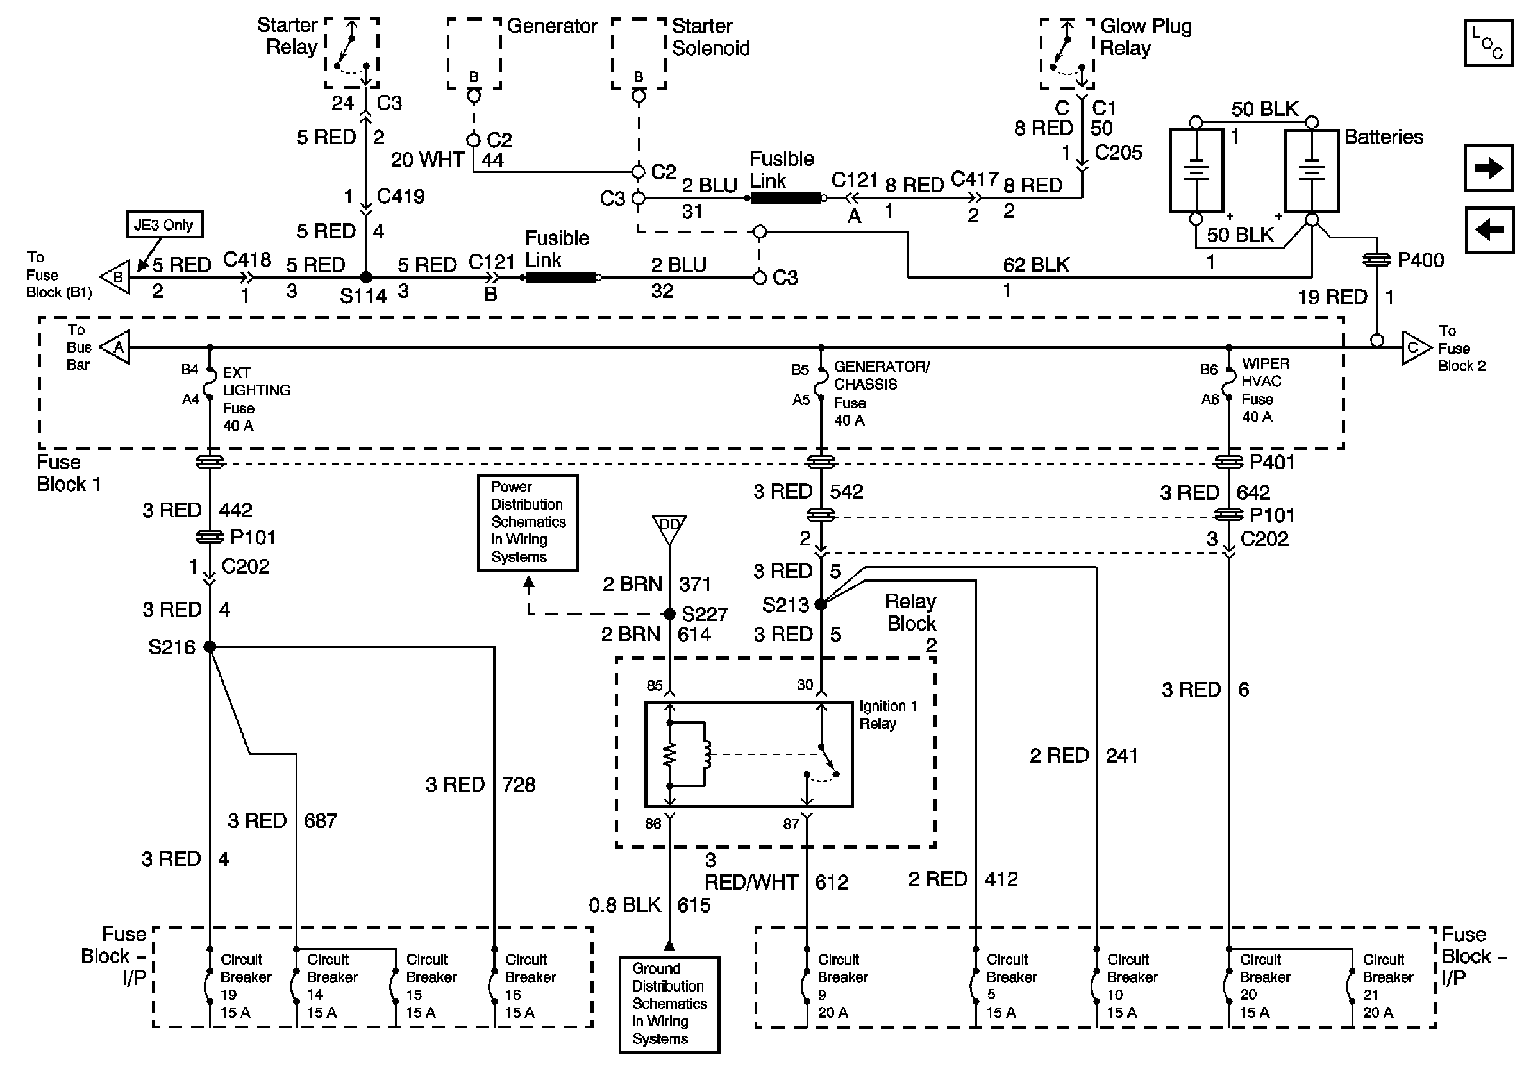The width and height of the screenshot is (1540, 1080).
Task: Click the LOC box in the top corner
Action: click(1487, 43)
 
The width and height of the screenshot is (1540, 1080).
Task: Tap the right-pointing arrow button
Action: click(1488, 167)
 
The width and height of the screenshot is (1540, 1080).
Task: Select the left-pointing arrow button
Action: click(1488, 230)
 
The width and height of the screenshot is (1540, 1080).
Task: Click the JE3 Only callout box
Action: click(163, 224)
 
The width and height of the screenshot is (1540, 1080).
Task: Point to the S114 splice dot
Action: click(366, 278)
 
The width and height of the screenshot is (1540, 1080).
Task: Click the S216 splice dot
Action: click(210, 647)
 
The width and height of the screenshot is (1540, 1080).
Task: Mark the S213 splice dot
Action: click(821, 604)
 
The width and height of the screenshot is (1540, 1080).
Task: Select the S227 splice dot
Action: click(669, 613)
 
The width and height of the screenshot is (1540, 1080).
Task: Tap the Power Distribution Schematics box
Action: click(527, 522)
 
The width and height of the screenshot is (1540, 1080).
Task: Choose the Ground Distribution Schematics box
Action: click(669, 1004)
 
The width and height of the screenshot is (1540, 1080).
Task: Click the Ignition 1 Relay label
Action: click(887, 715)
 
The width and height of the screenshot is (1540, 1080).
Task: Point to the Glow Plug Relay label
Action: click(1146, 38)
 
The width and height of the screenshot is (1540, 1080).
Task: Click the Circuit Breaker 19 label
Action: click(245, 986)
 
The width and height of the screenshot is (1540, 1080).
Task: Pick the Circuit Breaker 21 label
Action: click(1387, 986)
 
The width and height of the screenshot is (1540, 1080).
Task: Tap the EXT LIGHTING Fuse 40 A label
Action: click(256, 399)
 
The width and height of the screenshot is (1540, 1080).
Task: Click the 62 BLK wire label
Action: click(1035, 265)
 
